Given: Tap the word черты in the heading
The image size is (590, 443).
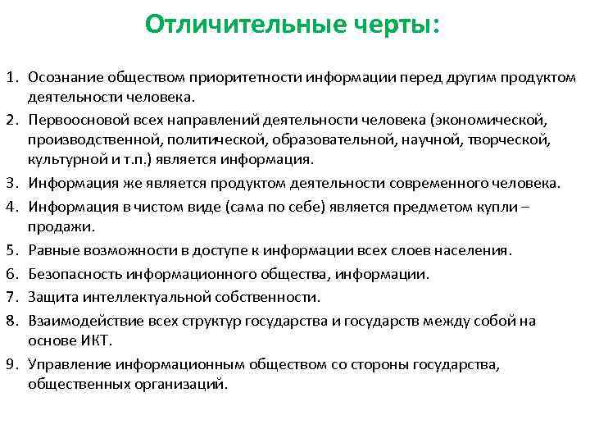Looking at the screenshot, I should click(395, 25).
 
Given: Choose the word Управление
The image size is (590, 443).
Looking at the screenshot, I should click(67, 364).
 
